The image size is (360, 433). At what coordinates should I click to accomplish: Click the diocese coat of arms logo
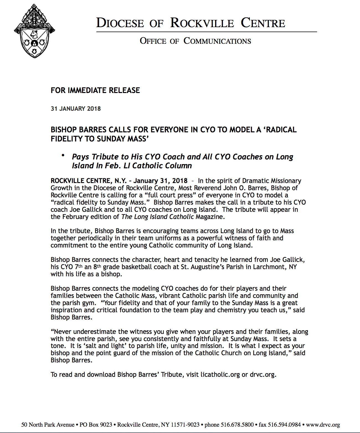[34, 31]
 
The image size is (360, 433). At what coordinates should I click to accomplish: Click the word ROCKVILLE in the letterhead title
[202, 23]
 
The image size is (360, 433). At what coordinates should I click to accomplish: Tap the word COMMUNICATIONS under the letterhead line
[217, 41]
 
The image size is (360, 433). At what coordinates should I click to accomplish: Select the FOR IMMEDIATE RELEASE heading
[95, 91]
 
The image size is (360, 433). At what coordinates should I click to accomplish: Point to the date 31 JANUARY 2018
[76, 109]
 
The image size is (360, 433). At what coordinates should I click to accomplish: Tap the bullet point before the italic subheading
[63, 156]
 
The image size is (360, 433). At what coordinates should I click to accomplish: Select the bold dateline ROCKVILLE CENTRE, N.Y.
[89, 181]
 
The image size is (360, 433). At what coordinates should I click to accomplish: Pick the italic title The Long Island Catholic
[157, 217]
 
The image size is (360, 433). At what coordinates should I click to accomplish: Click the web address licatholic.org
[220, 375]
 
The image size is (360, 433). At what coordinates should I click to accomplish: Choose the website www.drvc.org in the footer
[323, 425]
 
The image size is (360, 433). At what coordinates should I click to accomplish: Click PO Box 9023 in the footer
[96, 425]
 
